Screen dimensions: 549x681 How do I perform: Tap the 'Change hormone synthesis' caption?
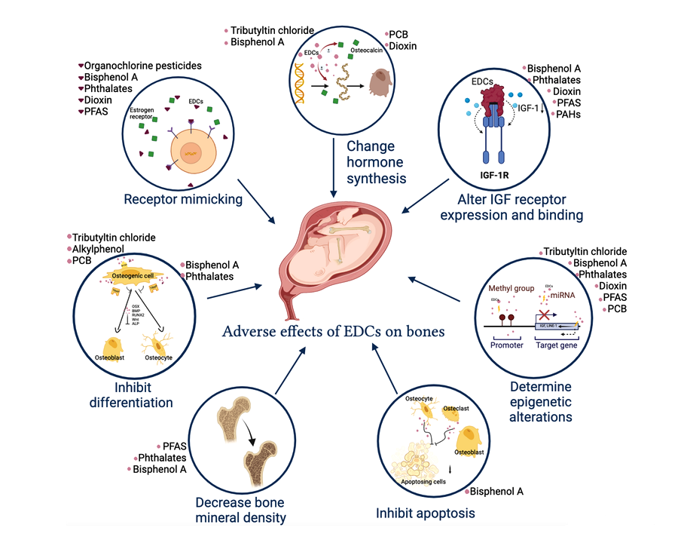pos(376,161)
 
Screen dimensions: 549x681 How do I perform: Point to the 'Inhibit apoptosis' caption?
pos(425,514)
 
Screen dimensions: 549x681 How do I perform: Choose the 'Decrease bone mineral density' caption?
pos(241,509)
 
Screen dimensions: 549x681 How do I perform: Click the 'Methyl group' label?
pos(512,288)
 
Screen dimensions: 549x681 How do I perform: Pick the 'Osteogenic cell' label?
pos(144,278)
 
